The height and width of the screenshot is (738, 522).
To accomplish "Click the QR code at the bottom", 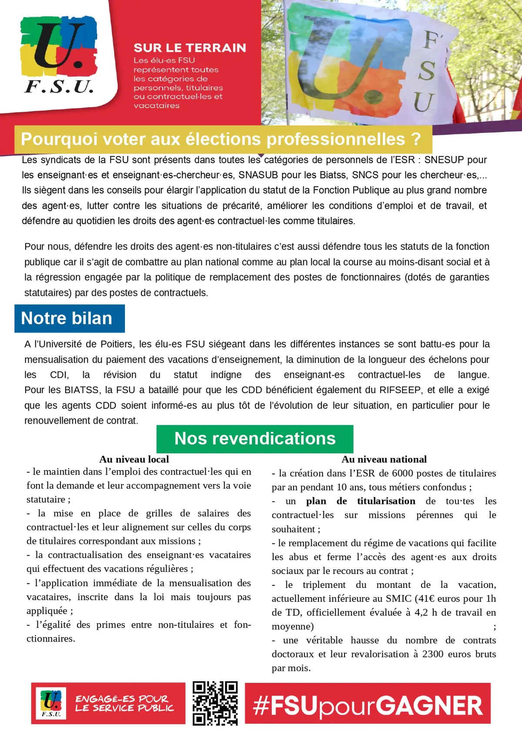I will pos(215,703).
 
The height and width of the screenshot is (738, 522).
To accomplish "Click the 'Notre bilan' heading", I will pos(67,318).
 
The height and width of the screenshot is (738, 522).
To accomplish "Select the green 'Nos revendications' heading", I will pos(255,438).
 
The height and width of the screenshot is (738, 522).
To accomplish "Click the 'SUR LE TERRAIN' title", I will pos(190,48).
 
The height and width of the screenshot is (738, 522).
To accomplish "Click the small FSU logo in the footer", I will pos(51,703).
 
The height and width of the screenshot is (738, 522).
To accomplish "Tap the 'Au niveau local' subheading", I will pos(134,459).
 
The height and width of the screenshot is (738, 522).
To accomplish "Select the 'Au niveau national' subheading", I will pos(384,459).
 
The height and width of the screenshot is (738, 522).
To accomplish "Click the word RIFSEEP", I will pos(401,390).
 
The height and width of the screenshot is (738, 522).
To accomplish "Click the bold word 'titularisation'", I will pos(386,501).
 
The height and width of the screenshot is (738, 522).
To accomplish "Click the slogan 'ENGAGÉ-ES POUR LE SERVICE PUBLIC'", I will pos(124,703).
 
